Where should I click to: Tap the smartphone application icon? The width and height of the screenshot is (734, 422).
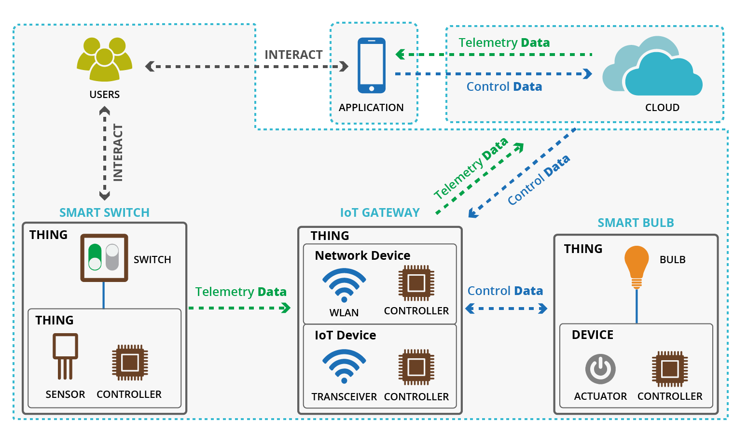(371, 65)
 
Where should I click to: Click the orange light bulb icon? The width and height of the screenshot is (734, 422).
(637, 266)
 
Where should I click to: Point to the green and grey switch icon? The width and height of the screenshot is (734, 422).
(104, 257)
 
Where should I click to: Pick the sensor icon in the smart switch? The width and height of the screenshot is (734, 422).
(65, 356)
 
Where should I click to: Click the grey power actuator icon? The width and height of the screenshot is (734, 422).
(600, 369)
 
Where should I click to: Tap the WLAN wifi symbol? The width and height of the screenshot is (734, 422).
(344, 285)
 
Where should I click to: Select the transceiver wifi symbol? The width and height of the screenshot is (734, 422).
(344, 366)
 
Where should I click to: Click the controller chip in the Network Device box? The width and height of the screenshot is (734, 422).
(416, 283)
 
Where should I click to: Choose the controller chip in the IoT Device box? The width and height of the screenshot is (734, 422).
(416, 367)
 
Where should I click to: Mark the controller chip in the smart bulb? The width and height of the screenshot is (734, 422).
(670, 369)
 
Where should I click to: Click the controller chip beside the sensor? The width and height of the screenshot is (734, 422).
(130, 362)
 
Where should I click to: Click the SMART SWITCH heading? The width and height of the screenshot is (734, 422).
(104, 212)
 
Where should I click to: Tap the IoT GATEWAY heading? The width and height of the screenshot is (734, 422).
(380, 212)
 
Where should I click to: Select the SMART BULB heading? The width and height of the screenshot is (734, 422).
(636, 223)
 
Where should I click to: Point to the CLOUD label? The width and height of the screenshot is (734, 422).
(662, 108)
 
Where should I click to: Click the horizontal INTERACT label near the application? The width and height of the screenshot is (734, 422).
(293, 55)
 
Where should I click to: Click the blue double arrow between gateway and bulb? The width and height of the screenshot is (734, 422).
(506, 309)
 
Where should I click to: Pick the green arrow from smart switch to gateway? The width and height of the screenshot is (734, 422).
(239, 308)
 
